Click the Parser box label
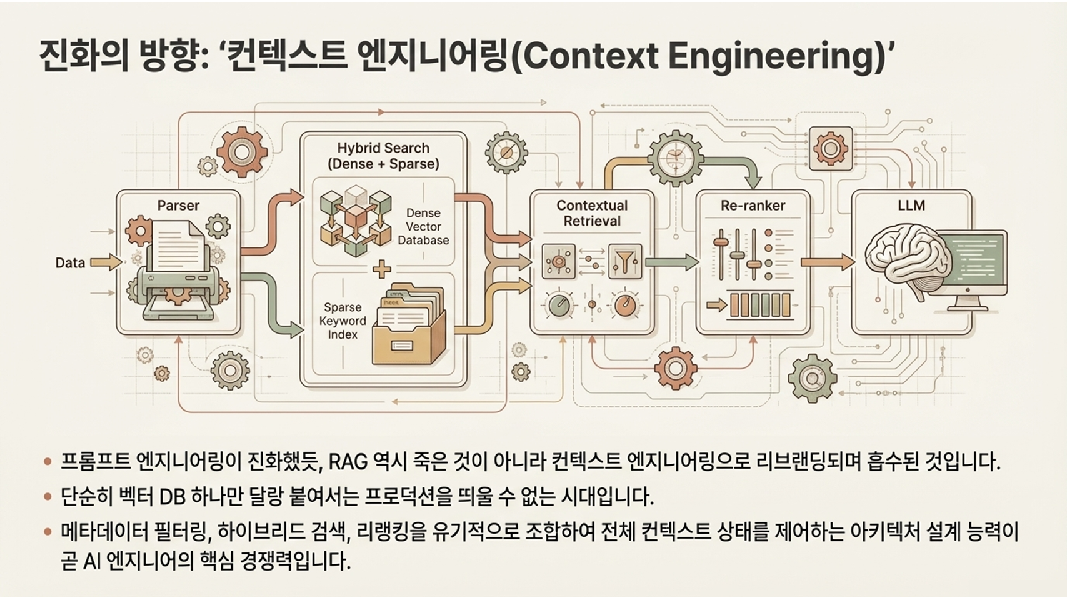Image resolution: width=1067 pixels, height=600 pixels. [x=178, y=206]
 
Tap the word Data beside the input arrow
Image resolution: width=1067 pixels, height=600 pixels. [x=70, y=263]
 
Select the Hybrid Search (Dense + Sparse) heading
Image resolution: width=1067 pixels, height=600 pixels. [x=383, y=156]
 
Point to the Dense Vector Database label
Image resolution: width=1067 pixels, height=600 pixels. [x=423, y=227]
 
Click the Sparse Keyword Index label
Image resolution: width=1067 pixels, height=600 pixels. [x=343, y=321]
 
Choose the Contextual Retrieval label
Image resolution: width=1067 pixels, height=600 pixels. [x=592, y=213]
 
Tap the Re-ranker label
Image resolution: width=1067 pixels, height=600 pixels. [x=753, y=206]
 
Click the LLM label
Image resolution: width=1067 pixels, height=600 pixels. [x=911, y=206]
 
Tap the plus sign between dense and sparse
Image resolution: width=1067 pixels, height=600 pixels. [x=381, y=269]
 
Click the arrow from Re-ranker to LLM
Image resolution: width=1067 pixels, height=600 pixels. [x=826, y=262]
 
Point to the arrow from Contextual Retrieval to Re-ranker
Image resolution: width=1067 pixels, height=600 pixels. [x=671, y=262]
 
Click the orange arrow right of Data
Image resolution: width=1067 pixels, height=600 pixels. [x=106, y=262]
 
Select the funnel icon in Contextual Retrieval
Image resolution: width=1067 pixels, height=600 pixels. [x=624, y=260]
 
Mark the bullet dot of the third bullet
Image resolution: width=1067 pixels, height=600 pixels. [x=48, y=532]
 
